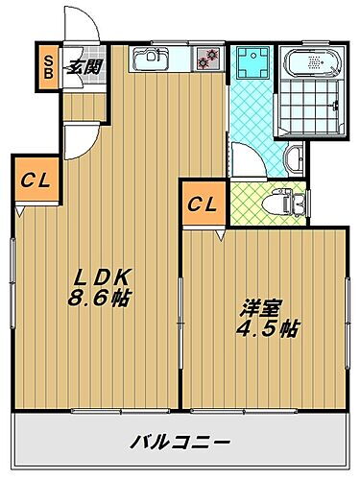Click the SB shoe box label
[45, 66]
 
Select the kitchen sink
[152, 61]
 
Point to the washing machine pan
[252, 61]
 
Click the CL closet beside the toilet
[201, 204]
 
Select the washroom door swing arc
[249, 156]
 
